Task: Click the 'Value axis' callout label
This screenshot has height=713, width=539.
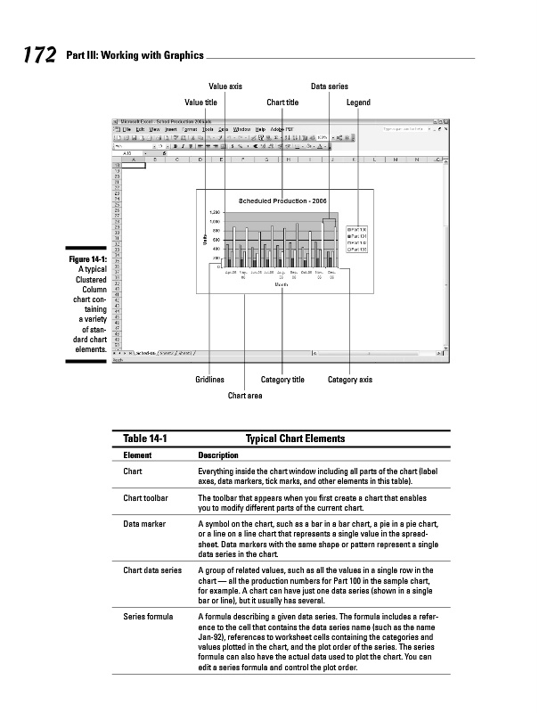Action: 225,86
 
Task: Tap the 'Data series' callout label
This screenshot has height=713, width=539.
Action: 329,86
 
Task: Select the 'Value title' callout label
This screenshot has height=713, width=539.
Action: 200,102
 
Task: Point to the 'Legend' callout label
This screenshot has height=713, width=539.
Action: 358,102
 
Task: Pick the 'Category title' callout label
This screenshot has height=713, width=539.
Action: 282,380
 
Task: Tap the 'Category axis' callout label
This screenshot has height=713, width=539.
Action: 350,380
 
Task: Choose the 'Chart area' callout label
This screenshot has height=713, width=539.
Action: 245,395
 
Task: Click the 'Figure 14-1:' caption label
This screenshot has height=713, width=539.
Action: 86,259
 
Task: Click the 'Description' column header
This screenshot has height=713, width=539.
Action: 217,455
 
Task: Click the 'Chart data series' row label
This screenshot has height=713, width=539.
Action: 152,569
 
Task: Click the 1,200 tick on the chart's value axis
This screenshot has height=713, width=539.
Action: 214,213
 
